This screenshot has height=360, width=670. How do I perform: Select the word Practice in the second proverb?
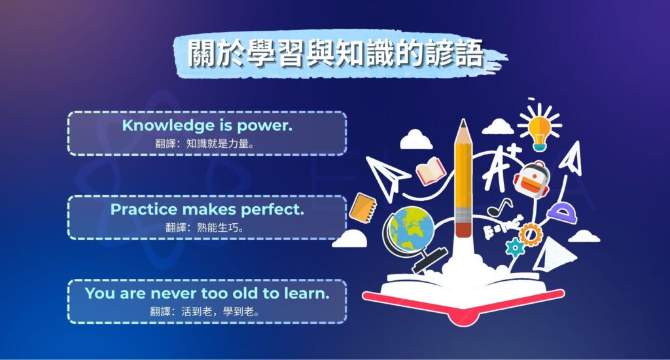pos(144,209)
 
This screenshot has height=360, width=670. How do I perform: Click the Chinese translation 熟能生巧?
pos(220,227)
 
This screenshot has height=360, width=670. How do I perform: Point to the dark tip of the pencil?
pos(463,124)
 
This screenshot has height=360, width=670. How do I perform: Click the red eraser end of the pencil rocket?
pos(463,229)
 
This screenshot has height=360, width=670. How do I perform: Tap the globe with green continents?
pos(410,226)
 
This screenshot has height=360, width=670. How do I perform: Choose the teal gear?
pos(515,247)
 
